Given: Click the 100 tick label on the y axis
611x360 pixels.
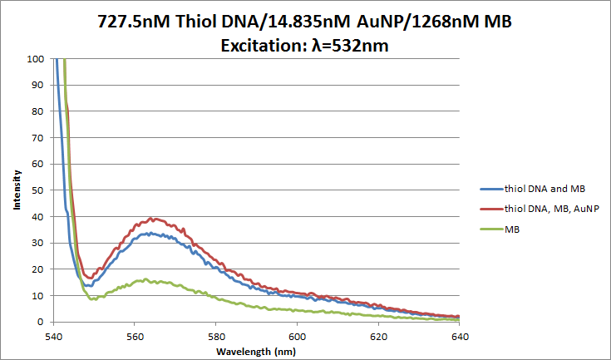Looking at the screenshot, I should click(36, 59).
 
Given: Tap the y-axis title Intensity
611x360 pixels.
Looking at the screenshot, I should click(17, 190).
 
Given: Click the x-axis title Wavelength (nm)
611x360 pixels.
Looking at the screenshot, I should click(256, 351).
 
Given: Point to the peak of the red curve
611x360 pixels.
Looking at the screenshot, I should click(153, 219).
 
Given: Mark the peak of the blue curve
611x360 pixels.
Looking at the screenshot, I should click(148, 234).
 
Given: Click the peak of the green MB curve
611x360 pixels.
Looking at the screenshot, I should click(146, 279).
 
